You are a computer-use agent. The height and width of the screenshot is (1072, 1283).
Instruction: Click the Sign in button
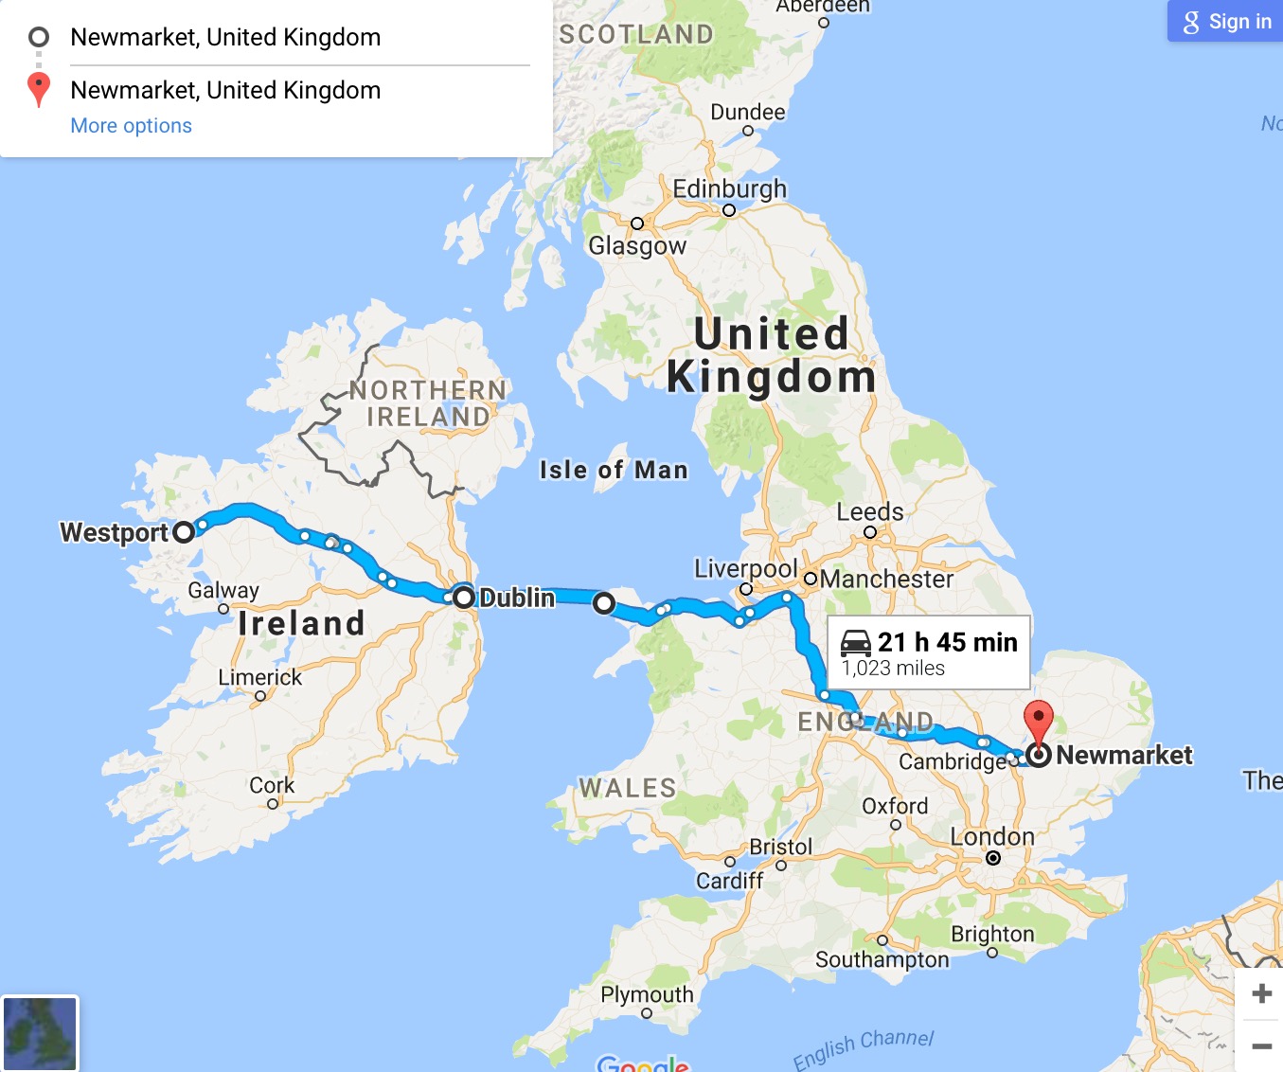(1227, 22)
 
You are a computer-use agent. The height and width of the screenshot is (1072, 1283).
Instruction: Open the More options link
(131, 126)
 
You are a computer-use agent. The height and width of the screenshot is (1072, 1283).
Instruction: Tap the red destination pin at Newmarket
(1039, 721)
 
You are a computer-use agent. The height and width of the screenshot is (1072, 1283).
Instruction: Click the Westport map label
(115, 532)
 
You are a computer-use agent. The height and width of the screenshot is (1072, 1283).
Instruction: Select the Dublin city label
(517, 598)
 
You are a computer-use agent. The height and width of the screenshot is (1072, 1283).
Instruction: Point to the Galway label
(223, 590)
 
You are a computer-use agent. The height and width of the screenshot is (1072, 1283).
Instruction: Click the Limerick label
(260, 677)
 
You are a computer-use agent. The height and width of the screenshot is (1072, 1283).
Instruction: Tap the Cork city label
(272, 785)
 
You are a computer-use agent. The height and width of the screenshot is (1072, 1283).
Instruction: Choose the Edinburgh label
(730, 188)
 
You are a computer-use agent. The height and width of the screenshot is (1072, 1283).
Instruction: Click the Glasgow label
(637, 246)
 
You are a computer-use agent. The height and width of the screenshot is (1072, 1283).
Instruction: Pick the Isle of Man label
(614, 470)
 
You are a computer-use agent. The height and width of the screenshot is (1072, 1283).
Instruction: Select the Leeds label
(870, 512)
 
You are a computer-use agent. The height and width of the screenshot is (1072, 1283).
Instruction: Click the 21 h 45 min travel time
(947, 642)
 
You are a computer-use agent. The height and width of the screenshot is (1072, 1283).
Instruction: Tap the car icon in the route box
(856, 642)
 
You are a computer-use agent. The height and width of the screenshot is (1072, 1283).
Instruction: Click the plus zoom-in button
(1261, 993)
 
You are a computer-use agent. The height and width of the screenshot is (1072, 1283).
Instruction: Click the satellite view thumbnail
(40, 1033)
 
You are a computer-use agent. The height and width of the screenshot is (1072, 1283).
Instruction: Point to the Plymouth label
(647, 994)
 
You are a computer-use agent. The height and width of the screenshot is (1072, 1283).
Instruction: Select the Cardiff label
(730, 881)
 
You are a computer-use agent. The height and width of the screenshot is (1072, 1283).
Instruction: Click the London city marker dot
(993, 858)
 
